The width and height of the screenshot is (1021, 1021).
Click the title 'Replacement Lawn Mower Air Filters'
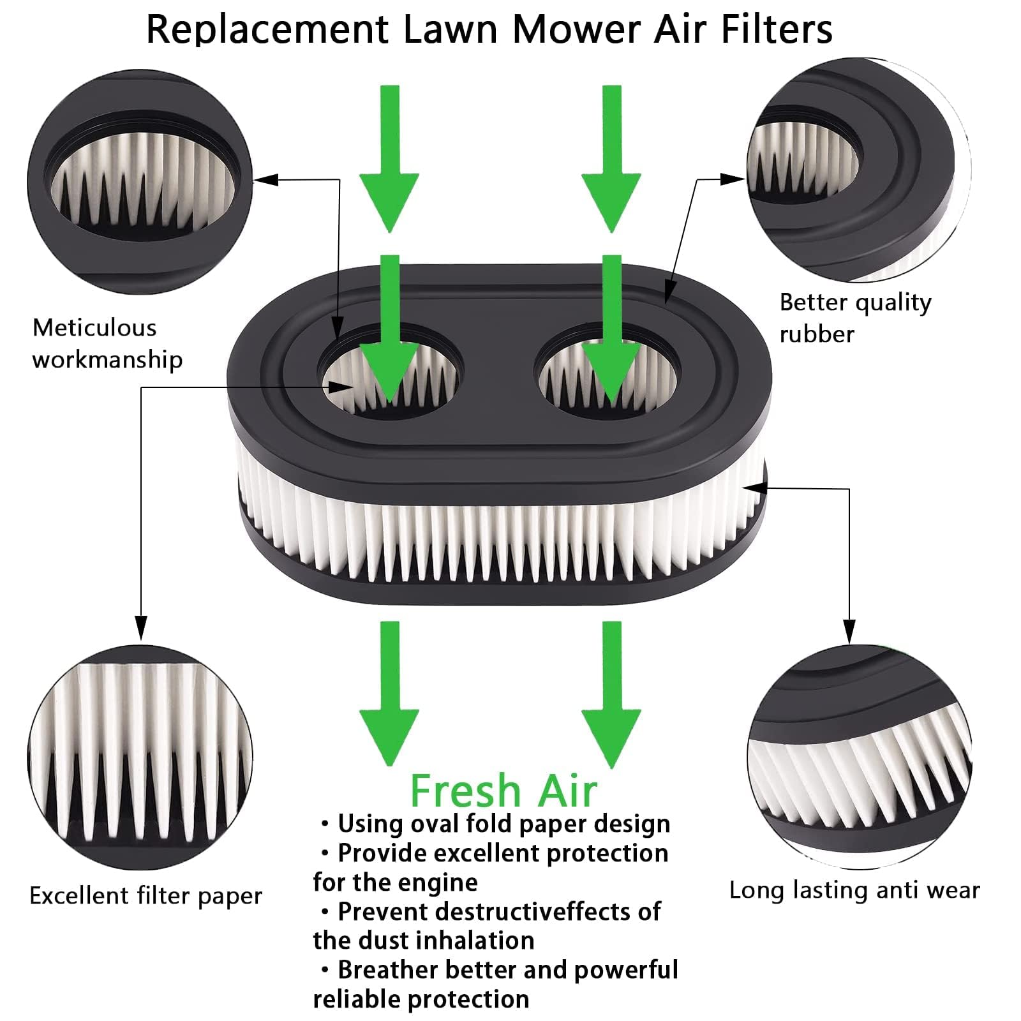[489, 29]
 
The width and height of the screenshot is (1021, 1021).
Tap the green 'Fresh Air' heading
[503, 790]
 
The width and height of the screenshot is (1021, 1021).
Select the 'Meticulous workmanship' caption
[107, 343]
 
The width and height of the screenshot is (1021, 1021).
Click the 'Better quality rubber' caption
[855, 318]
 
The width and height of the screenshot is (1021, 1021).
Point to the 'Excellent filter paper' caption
[145, 896]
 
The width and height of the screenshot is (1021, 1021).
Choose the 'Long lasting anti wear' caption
[854, 890]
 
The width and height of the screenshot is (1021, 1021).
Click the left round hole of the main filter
[391, 372]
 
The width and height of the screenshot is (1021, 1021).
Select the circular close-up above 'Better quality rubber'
[859, 170]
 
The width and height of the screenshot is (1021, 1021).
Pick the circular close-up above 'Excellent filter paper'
[140, 757]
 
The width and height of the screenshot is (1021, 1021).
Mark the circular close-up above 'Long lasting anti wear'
[860, 757]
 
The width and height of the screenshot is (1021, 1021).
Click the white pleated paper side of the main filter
[501, 520]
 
